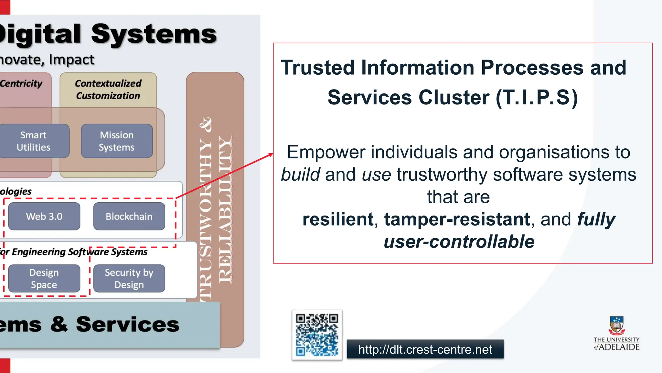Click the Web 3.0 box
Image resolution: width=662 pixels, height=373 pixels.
[44, 216]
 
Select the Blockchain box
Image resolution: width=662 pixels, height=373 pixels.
[129, 216]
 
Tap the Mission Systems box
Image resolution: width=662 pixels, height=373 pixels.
[117, 141]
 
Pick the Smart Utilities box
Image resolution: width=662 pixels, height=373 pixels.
[34, 141]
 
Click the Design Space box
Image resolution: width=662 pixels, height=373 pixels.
[44, 278]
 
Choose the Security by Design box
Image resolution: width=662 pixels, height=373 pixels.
[129, 278]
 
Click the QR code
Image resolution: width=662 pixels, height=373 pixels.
[317, 335]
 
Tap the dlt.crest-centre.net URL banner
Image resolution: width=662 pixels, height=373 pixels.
[425, 349]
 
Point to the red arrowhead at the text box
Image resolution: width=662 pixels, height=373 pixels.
[271, 155]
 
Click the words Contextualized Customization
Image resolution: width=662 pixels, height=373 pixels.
[108, 90]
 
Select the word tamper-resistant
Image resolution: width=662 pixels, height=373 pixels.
[457, 219]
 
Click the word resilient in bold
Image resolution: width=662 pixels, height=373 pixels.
[338, 219]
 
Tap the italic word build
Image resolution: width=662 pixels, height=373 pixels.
[301, 175]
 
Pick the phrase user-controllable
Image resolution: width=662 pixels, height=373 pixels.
[459, 241]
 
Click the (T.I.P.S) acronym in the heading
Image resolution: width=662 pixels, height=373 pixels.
[537, 98]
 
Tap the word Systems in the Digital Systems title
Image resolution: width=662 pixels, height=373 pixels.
[154, 34]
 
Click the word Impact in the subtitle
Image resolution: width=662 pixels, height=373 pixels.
[71, 60]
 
